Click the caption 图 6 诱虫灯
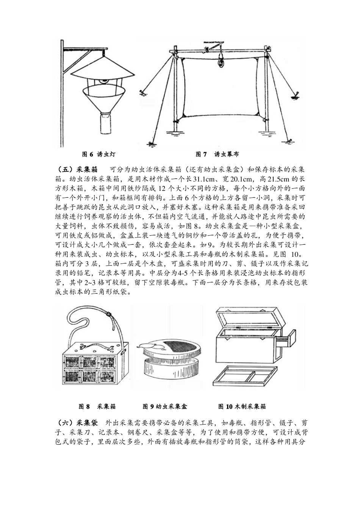tap(99, 155)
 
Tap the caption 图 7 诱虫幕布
tap(218, 155)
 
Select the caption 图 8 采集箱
tap(97, 406)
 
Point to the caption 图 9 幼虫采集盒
tap(165, 406)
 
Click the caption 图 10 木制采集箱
tap(242, 406)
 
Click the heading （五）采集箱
tap(77, 170)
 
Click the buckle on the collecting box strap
tap(110, 314)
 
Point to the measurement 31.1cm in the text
tap(203, 179)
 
